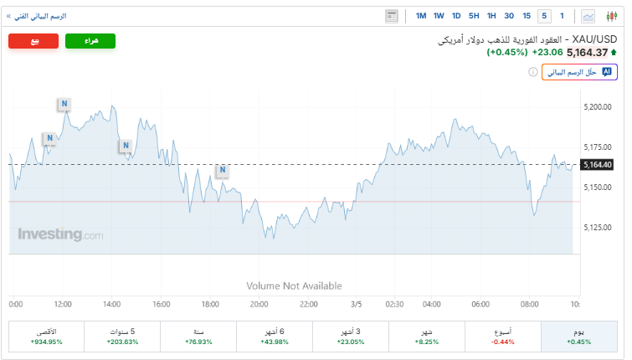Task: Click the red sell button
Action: tap(33, 41)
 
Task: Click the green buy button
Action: tap(90, 41)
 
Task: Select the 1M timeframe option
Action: tap(420, 16)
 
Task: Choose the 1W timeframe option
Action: tap(439, 16)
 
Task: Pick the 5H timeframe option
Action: tap(474, 16)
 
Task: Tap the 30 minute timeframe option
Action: tap(509, 16)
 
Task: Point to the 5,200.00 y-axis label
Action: tap(597, 107)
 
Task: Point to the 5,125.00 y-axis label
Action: tap(597, 227)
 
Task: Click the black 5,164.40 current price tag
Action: tap(597, 164)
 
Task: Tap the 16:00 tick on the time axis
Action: tap(162, 304)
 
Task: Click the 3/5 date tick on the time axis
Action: tap(356, 304)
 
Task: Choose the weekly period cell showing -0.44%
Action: tap(503, 337)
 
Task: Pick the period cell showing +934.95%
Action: tap(46, 337)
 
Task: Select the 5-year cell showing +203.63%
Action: tap(122, 337)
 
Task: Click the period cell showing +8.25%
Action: tap(427, 337)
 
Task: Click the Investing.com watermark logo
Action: tap(60, 235)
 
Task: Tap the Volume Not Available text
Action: tap(294, 285)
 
